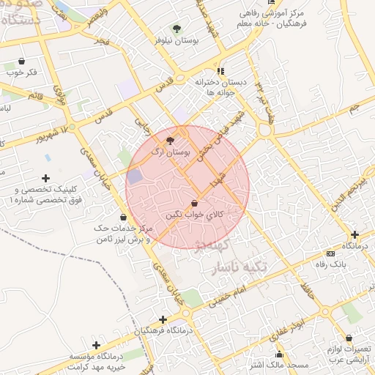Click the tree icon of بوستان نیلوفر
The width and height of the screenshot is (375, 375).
coord(176,29)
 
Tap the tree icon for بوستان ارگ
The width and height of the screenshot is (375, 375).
coord(171,140)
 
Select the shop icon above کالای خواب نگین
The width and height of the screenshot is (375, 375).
coord(194,203)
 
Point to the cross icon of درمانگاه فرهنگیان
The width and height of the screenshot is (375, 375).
coord(163,319)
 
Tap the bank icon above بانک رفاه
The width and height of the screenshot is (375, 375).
coord(331,253)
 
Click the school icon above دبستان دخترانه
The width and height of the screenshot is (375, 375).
coord(221,71)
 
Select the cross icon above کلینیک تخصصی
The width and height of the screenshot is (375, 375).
coord(45,178)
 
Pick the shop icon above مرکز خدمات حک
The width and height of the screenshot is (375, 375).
coord(122,217)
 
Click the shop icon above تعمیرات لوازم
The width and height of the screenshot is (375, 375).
coord(349,339)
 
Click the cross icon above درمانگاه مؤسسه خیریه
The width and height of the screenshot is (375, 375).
coord(96,344)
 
